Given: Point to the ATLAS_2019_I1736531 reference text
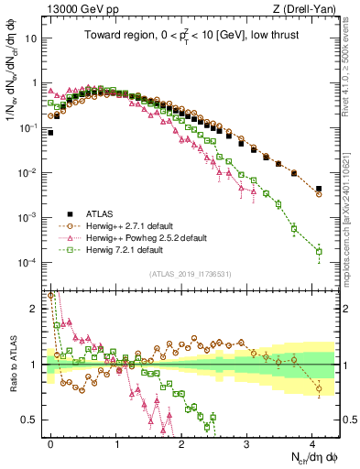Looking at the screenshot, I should (x=190, y=273).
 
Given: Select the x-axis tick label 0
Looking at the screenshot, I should (x=50, y=442).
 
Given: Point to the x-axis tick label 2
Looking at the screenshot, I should (x=181, y=442).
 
